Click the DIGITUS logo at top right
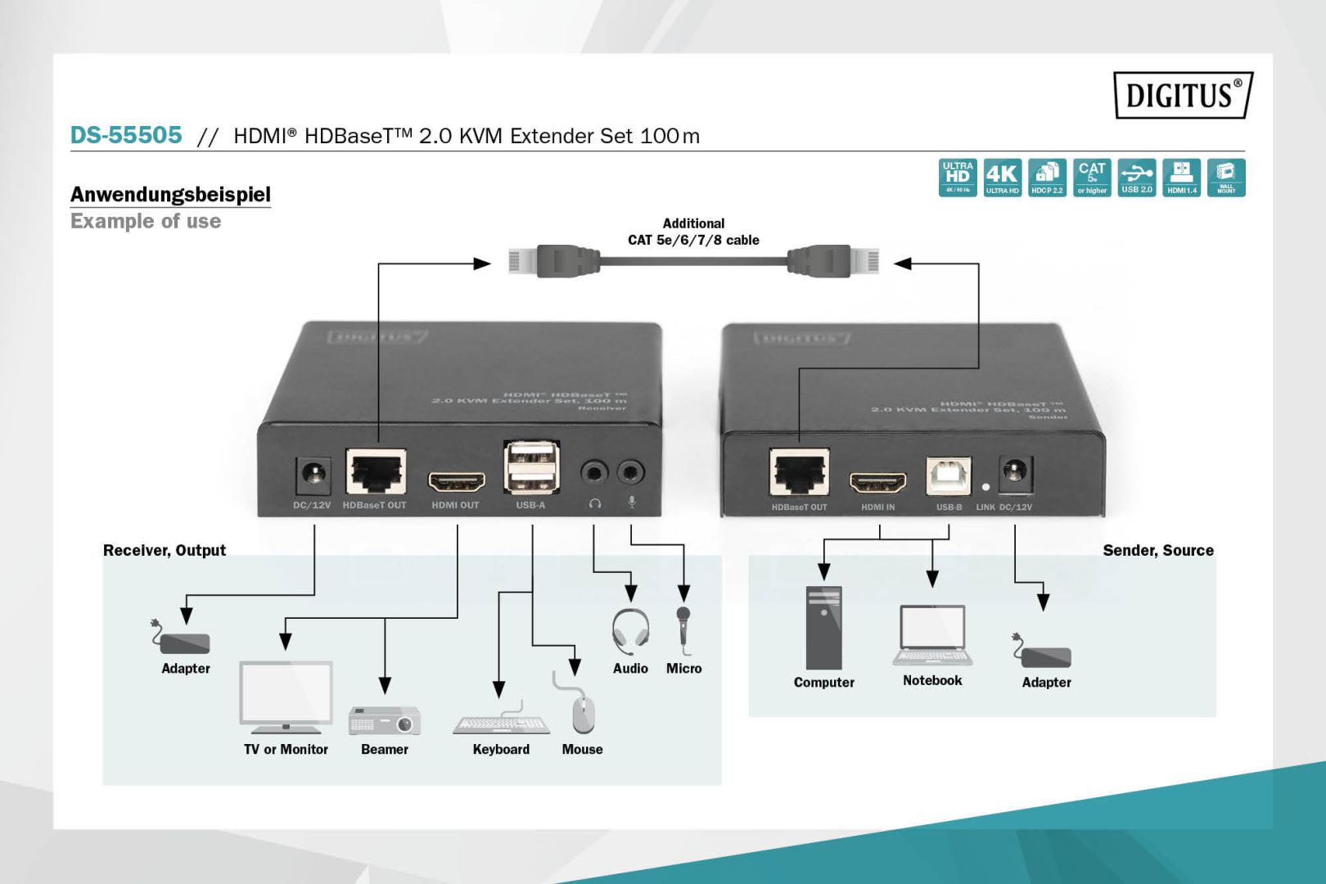1182,95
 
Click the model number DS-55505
126,135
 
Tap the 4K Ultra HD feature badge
1002,178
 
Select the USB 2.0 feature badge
1136,178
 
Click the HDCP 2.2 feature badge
1047,178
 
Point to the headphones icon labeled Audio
630,631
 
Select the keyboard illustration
501,722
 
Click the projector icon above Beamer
385,720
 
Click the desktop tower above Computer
823,628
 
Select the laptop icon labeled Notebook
932,635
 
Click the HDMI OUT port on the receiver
457,481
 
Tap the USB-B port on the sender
948,476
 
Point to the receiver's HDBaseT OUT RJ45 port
376,472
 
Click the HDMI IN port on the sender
877,483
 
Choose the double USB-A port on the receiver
531,467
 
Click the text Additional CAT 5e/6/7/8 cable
693,232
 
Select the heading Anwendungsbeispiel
170,194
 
